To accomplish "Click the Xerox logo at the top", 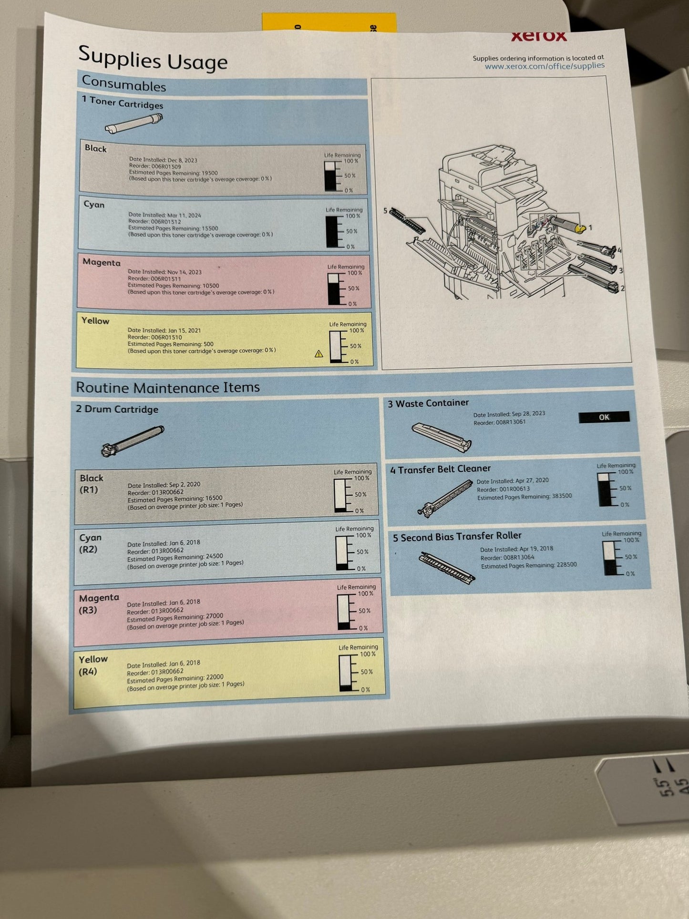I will [539, 36].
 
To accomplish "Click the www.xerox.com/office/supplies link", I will [545, 66].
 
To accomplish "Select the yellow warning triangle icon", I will [319, 354].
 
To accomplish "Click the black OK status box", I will [604, 417].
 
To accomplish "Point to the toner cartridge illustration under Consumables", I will [134, 124].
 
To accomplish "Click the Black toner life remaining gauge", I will [330, 176].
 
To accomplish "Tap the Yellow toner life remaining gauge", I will [336, 346].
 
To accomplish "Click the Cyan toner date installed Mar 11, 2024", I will [165, 215].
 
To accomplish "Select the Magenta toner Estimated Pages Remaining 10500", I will [173, 285].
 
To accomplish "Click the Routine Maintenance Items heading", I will [168, 387].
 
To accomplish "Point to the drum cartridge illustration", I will [133, 441].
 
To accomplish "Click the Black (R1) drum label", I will [91, 484].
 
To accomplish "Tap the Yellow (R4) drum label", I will [93, 665].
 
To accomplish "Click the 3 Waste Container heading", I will [428, 403].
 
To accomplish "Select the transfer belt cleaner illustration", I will [444, 498].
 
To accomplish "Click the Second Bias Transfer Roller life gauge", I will [610, 558].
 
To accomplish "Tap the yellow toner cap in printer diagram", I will [579, 229].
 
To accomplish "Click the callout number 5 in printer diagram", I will [385, 210].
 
